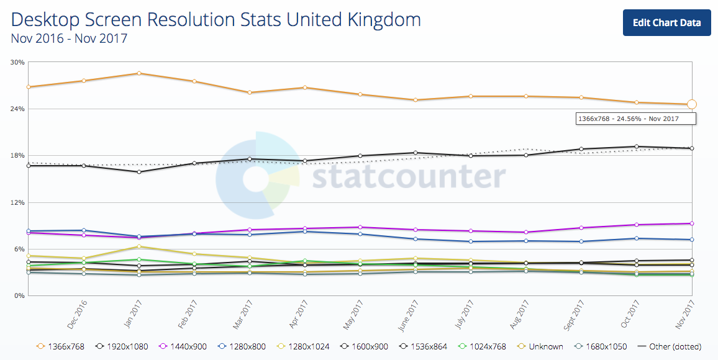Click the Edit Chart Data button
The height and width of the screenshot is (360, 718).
coord(666,23)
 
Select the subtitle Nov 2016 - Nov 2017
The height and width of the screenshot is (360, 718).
coord(69,38)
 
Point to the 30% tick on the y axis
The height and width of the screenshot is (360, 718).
coord(17,62)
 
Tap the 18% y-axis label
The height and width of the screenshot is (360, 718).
coord(17,156)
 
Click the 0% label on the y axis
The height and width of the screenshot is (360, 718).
coord(19,296)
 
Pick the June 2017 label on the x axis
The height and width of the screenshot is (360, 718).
coord(409,315)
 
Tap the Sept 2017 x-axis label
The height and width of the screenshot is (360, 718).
coord(575,315)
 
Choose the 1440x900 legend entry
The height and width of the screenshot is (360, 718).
coord(186,346)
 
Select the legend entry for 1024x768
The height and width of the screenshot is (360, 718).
coord(484,346)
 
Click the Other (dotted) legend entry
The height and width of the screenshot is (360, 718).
coord(675,346)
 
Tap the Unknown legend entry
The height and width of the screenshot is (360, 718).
coord(542,346)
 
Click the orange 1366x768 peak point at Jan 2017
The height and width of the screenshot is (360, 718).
coord(139,73)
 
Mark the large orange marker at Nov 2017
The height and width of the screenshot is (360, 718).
coord(692,104)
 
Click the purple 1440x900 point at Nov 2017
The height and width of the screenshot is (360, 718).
coord(692,223)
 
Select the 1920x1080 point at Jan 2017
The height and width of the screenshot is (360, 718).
coord(139,172)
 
